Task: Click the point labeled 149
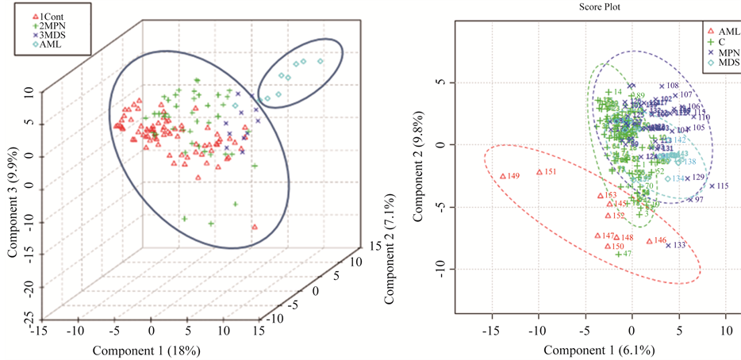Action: point(503,176)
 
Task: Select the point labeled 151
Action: point(539,172)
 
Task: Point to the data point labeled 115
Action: point(712,186)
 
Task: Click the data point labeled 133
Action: point(668,245)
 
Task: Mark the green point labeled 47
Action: point(618,254)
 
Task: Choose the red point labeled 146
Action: point(649,241)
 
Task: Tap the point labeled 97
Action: point(690,199)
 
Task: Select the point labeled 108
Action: point(662,86)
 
